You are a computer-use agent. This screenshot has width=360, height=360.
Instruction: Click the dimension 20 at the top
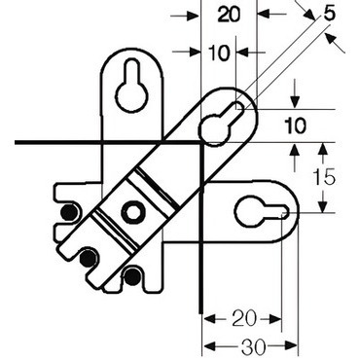coord(229,15)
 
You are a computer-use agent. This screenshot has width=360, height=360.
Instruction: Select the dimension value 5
coord(329,15)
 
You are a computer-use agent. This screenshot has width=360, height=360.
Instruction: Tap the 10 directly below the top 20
coord(219,53)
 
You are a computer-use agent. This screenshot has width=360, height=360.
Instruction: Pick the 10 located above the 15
coord(295,126)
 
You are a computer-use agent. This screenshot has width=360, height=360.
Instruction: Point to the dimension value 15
coord(324,177)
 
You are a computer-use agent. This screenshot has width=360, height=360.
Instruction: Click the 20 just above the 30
coord(244,318)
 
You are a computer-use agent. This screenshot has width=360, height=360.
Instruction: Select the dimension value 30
coord(253,347)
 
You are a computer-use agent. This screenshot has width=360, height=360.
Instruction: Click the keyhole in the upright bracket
coord(132,87)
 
